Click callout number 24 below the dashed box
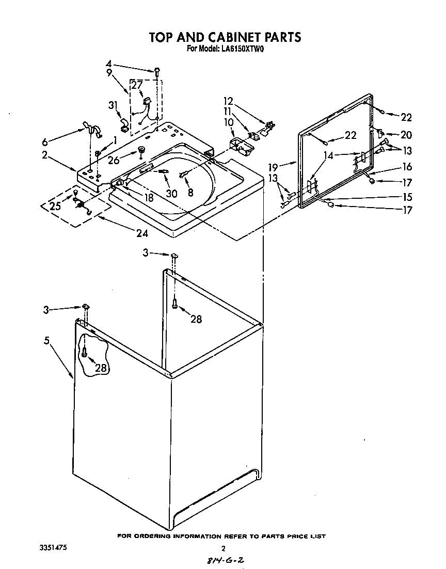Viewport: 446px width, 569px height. (142, 233)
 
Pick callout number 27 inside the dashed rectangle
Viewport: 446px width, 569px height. (137, 85)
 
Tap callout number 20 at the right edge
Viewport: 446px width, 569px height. (406, 135)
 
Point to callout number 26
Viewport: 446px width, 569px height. (114, 161)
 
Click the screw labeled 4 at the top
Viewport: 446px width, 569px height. (155, 70)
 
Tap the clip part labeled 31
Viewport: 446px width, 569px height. (124, 123)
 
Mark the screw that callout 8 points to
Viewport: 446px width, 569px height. (183, 176)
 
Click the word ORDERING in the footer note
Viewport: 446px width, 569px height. (151, 536)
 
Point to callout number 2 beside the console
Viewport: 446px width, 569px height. (45, 154)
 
